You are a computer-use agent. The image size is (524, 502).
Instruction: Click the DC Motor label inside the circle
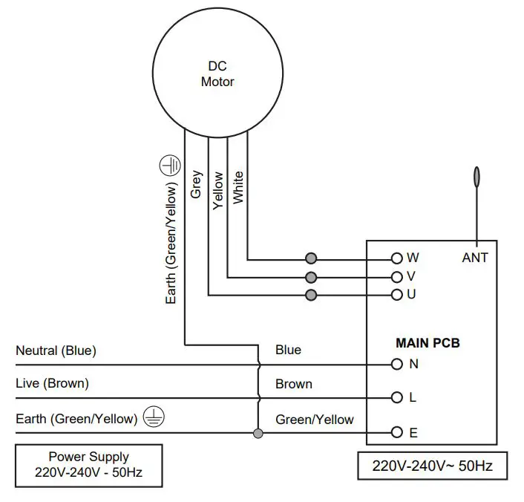tap(217, 74)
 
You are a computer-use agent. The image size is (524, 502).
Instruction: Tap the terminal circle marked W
tap(396, 258)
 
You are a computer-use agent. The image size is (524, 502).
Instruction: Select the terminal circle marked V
tap(396, 277)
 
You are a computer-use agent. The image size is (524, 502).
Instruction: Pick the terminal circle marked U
tap(396, 295)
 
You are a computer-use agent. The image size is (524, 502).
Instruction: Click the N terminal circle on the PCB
tap(396, 364)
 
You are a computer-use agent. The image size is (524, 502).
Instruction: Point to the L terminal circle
tap(396, 397)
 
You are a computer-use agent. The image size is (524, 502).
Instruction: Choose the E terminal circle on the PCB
tap(396, 432)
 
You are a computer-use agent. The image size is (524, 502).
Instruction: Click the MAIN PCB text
tap(428, 343)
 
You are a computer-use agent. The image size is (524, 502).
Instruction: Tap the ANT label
tap(475, 258)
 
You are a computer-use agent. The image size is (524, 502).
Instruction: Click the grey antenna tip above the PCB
tap(477, 176)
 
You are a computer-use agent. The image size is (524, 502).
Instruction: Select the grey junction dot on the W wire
tap(311, 258)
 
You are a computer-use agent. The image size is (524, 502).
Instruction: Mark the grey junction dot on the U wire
tap(311, 295)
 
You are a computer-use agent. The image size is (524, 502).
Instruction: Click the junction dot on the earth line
tap(258, 434)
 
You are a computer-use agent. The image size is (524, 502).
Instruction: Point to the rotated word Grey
tap(196, 184)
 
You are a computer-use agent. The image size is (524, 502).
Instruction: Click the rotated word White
tap(238, 187)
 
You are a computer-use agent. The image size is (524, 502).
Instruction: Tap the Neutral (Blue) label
tap(56, 351)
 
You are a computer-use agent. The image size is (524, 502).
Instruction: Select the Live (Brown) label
tap(52, 384)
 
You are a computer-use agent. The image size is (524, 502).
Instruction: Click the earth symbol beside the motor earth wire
tap(170, 166)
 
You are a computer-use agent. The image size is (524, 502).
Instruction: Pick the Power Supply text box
tap(89, 466)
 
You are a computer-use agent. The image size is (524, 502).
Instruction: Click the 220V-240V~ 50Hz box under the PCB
tap(433, 466)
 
